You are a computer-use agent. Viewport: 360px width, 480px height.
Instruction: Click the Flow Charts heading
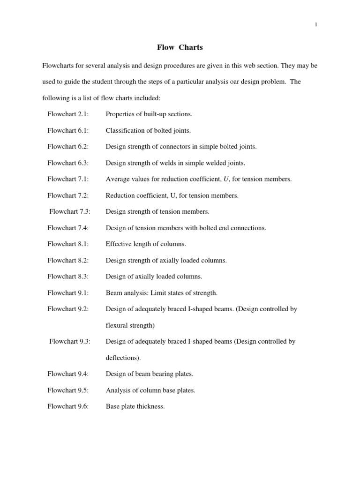click(x=180, y=47)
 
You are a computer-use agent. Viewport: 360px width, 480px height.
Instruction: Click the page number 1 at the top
click(x=316, y=25)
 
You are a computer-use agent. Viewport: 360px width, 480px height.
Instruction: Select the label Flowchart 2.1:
click(x=68, y=114)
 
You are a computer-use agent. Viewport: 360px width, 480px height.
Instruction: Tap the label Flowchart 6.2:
click(x=68, y=147)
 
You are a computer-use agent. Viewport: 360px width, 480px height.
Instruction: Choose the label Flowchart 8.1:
click(x=68, y=244)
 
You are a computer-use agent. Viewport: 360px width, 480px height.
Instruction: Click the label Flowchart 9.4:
click(x=68, y=374)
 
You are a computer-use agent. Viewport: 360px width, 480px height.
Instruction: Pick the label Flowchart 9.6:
click(x=68, y=406)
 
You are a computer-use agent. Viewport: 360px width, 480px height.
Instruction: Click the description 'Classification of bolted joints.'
click(x=148, y=130)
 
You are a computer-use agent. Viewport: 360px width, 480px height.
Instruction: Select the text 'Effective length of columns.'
click(x=146, y=244)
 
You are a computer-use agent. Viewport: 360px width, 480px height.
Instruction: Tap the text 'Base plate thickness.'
click(x=135, y=406)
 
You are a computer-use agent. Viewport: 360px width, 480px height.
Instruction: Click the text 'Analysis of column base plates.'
click(x=150, y=390)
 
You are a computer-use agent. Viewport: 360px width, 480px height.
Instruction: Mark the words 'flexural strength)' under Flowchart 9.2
click(x=130, y=325)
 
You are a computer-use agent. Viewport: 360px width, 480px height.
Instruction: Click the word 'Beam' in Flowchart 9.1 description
click(x=113, y=293)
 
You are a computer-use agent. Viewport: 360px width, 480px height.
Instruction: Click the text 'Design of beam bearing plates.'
click(x=150, y=374)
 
